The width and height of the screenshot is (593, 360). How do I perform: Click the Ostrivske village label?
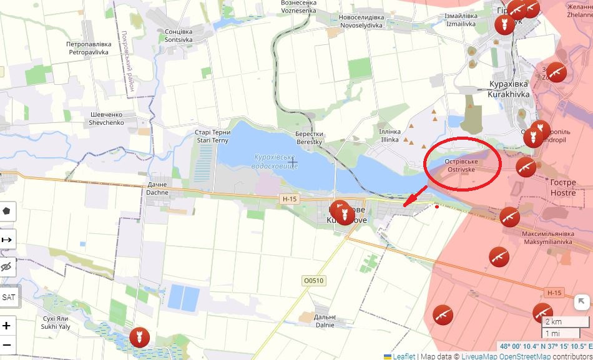pyautogui.click(x=461, y=165)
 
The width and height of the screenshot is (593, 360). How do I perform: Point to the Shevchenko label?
pyautogui.click(x=106, y=119)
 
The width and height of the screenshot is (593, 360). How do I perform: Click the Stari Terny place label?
pyautogui.click(x=213, y=136)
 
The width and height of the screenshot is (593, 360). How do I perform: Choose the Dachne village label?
pyautogui.click(x=157, y=188)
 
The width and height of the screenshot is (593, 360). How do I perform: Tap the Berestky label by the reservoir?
pyautogui.click(x=309, y=138)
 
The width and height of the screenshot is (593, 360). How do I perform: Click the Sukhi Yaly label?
pyautogui.click(x=55, y=322)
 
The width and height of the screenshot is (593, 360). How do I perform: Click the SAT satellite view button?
pyautogui.click(x=9, y=297)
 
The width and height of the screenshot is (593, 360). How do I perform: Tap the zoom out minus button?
pyautogui.click(x=7, y=344)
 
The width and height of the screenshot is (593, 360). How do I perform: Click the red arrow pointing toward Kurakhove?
pyautogui.click(x=414, y=196)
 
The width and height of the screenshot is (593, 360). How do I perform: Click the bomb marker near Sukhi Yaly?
pyautogui.click(x=139, y=338)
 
